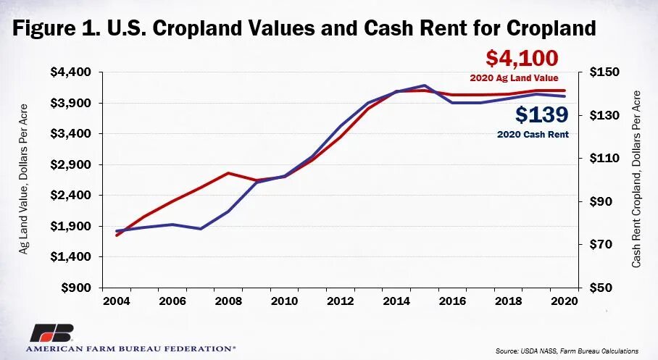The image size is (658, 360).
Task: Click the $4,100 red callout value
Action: coord(522,59)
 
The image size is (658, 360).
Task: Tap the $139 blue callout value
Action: coord(542,115)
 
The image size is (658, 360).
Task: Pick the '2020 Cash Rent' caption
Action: coord(533,134)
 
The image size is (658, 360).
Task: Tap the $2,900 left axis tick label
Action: coord(71,164)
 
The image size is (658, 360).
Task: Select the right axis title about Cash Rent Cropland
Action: coord(636,179)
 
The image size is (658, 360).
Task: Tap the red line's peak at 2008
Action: coord(228,173)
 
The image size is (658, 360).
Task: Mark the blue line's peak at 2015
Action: coord(425,85)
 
